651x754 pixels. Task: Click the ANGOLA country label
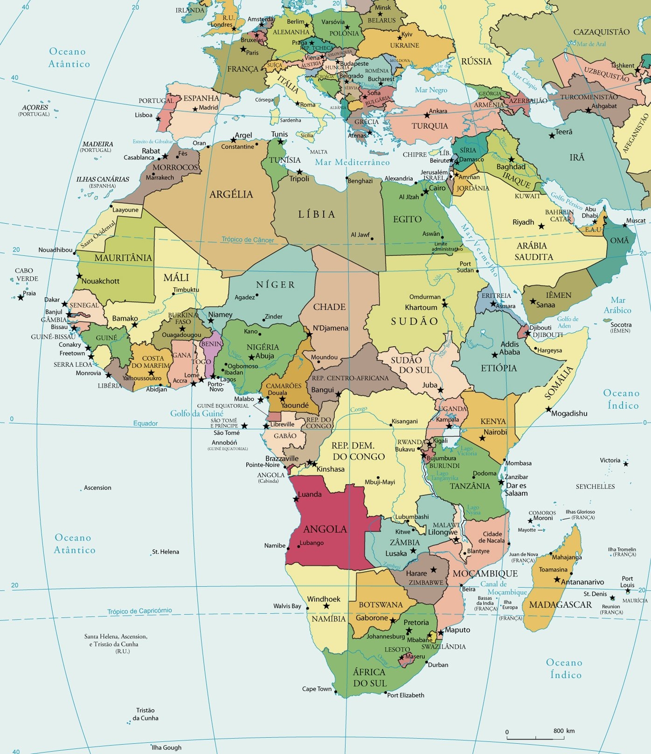(x=325, y=529)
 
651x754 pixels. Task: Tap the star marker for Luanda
(x=295, y=499)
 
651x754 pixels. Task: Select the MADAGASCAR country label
(x=560, y=605)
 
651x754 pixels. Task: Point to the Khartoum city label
(x=421, y=307)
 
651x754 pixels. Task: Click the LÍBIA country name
(x=317, y=214)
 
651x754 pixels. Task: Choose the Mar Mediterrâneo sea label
(x=352, y=162)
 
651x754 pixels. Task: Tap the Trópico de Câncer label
(x=248, y=240)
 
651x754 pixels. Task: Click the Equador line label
(x=145, y=424)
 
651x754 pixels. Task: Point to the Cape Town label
(x=317, y=689)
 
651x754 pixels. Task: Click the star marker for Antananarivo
(x=557, y=579)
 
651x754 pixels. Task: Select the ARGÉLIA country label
(x=231, y=194)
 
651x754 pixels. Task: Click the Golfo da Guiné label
(x=196, y=413)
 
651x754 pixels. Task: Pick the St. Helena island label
(x=166, y=552)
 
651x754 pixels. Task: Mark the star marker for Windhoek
(x=326, y=606)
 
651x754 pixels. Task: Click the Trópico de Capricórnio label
(x=139, y=611)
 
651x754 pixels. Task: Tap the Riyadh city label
(x=523, y=222)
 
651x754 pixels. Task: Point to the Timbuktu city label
(x=186, y=290)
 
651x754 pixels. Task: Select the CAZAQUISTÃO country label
(x=601, y=32)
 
